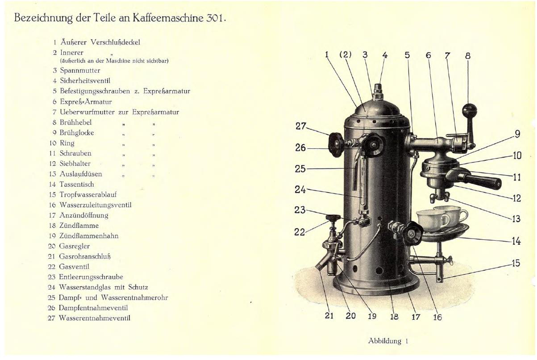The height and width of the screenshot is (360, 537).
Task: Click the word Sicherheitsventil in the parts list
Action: tap(85, 80)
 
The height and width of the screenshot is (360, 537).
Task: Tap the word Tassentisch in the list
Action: tap(77, 184)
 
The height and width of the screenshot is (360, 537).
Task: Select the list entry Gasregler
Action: tap(74, 246)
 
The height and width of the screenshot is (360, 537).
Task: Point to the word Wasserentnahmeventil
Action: tap(95, 318)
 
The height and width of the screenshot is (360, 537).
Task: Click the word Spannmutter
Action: tap(80, 71)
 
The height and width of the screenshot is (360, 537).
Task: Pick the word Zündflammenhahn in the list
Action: tap(89, 236)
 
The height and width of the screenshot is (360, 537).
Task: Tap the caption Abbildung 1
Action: tap(388, 341)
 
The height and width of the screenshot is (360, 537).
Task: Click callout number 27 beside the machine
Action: tap(300, 126)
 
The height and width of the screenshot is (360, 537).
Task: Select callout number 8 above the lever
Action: tap(468, 56)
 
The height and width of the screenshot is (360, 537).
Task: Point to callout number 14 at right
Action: tap(516, 241)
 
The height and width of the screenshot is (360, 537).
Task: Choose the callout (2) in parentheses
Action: tap(346, 54)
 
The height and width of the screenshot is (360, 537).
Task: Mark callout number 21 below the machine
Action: tap(329, 316)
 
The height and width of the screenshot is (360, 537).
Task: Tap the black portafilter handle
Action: tap(482, 181)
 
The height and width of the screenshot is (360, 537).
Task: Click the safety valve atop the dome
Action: tap(378, 91)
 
